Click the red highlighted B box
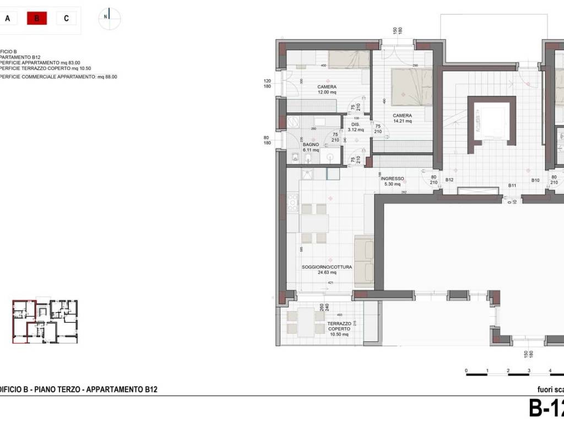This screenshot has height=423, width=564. (x=37, y=18)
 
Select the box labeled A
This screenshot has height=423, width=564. (x=8, y=18)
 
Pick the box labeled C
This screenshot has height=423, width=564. (x=66, y=18)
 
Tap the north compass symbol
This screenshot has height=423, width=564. (x=110, y=17)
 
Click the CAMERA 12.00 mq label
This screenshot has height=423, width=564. (x=327, y=90)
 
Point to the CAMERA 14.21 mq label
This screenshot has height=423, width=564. (x=402, y=118)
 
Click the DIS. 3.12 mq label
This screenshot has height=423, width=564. (x=356, y=127)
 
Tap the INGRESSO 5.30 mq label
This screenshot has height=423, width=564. (x=392, y=181)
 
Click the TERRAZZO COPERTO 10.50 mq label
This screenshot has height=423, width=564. (x=338, y=329)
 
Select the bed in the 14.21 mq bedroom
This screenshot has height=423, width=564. (x=411, y=86)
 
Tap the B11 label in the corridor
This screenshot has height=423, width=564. (x=512, y=186)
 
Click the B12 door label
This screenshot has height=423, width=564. (x=449, y=180)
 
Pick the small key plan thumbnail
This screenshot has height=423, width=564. (x=45, y=322)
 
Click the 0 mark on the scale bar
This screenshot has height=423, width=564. (x=466, y=371)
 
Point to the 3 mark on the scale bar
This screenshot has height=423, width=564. (x=529, y=371)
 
